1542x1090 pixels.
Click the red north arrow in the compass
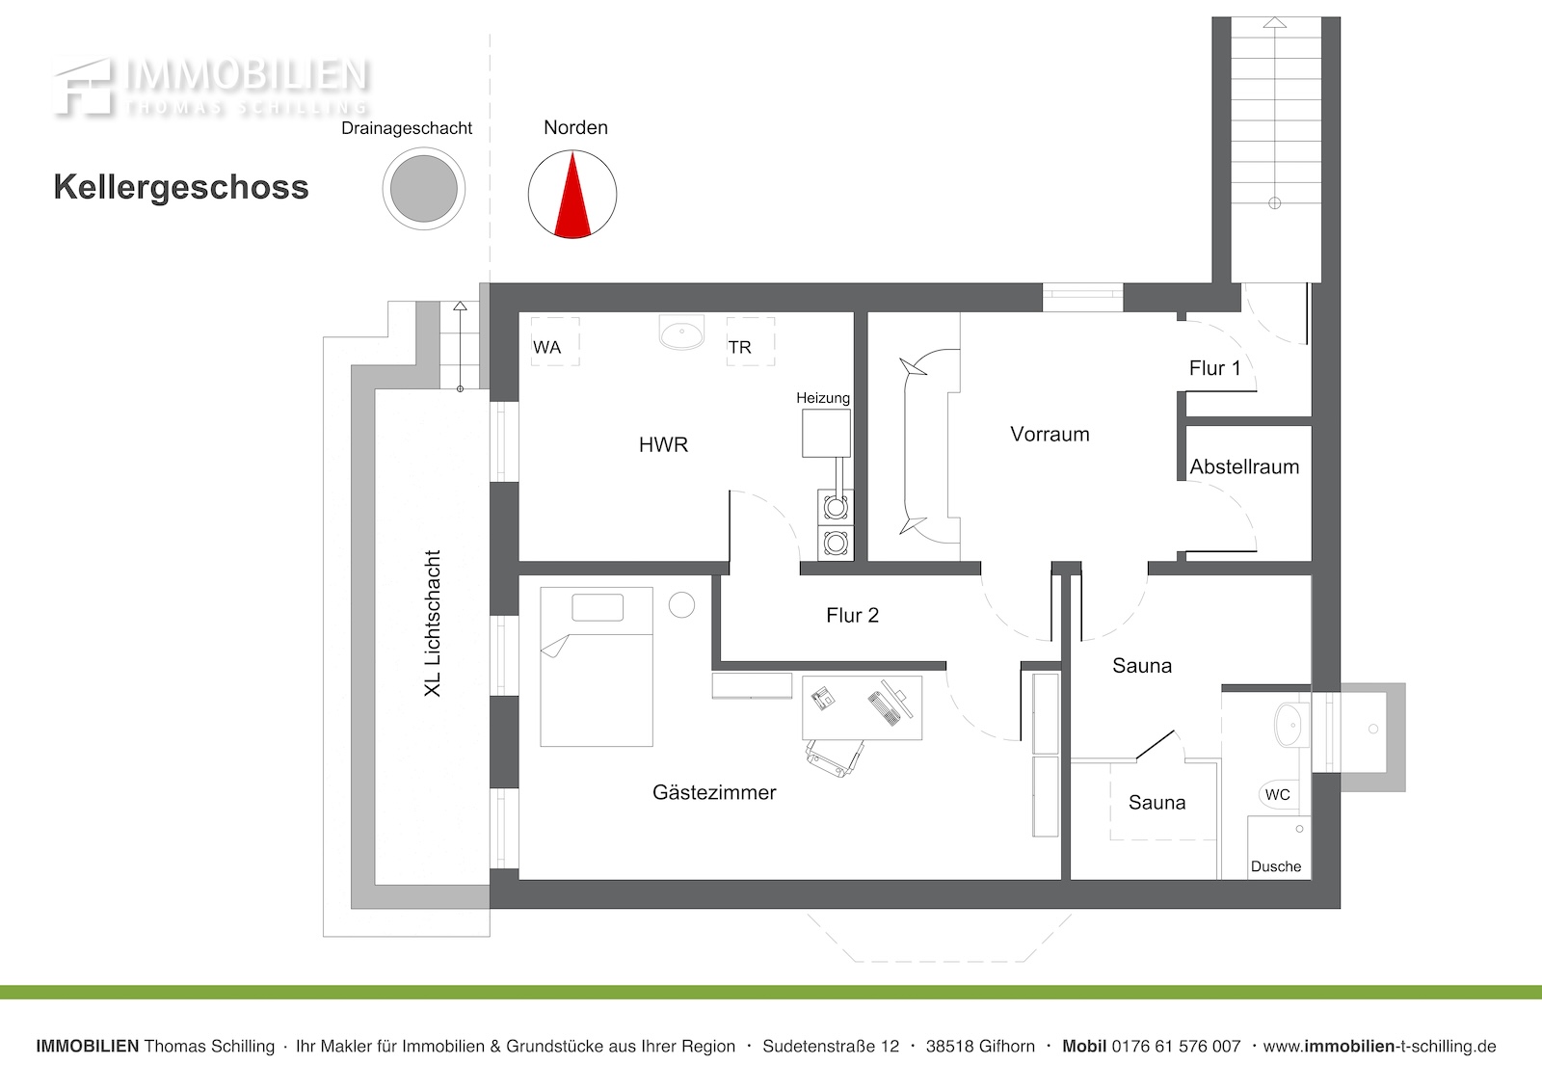point(572,199)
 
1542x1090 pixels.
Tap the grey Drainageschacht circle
point(423,189)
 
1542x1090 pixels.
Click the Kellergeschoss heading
point(181,187)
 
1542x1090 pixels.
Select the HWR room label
point(663,445)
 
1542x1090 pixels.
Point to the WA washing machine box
point(555,341)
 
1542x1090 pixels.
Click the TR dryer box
point(751,341)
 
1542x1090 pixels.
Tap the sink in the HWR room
point(681,332)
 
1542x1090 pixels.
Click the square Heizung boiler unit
point(826,433)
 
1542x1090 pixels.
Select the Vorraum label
point(1050,435)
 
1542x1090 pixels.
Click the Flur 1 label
point(1215,368)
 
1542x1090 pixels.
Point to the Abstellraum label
point(1244,466)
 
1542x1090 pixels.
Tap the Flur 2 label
point(852,615)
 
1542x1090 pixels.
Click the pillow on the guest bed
point(598,607)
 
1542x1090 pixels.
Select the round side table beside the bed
point(681,605)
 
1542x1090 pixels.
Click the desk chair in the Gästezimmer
point(835,758)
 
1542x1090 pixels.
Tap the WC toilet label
point(1278,794)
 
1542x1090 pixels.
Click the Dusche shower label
point(1276,867)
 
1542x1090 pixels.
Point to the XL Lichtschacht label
point(433,624)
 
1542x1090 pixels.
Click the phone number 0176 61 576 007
point(1176,1047)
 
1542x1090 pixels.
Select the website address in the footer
point(1379,1047)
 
